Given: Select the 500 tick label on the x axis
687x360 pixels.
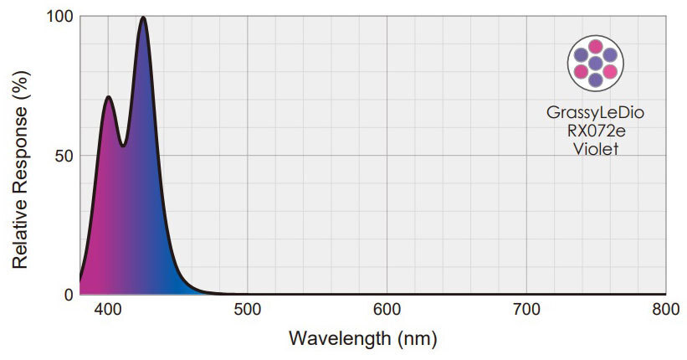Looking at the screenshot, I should [x=247, y=311].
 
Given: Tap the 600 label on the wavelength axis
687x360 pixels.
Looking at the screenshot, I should [x=387, y=311].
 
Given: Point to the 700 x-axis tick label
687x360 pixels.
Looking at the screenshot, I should [x=526, y=311].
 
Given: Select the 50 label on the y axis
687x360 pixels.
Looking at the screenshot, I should [x=63, y=156].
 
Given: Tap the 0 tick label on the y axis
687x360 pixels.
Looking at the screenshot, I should [x=68, y=294].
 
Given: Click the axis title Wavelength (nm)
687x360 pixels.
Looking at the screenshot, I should [x=363, y=339].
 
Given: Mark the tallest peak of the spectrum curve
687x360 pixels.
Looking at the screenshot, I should [x=143, y=18].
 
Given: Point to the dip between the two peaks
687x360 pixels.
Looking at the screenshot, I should [x=123, y=146].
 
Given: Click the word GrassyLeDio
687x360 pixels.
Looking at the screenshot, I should [x=595, y=111].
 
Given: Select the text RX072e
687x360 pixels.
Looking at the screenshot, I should [x=595, y=131].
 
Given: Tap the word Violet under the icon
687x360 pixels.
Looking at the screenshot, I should [x=595, y=150].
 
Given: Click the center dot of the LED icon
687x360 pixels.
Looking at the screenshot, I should [x=595, y=63].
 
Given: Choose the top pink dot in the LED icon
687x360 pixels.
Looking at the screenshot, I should [x=595, y=46].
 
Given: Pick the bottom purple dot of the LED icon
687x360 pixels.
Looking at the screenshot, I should [x=595, y=80].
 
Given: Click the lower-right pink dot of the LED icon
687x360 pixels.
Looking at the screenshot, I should [x=610, y=71].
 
